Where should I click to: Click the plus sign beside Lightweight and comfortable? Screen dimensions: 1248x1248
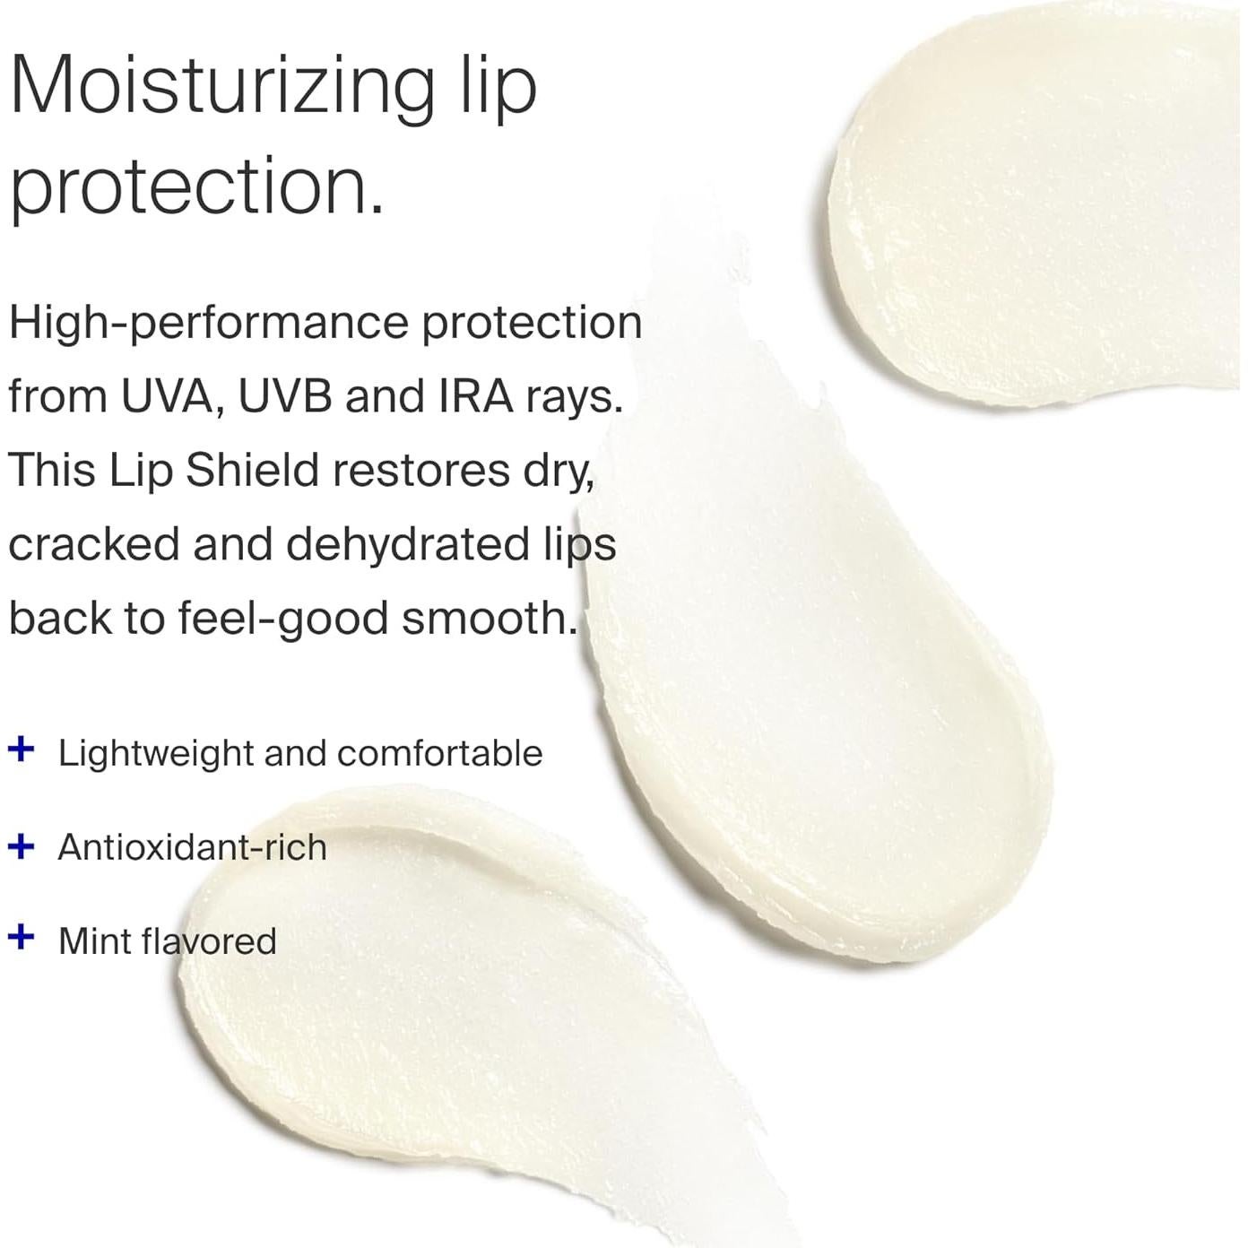click(x=21, y=749)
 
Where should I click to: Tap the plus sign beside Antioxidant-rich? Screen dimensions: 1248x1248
click(x=21, y=845)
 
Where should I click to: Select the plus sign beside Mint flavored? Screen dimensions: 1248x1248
click(x=21, y=938)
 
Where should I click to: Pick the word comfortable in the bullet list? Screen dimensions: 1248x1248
click(x=439, y=753)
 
